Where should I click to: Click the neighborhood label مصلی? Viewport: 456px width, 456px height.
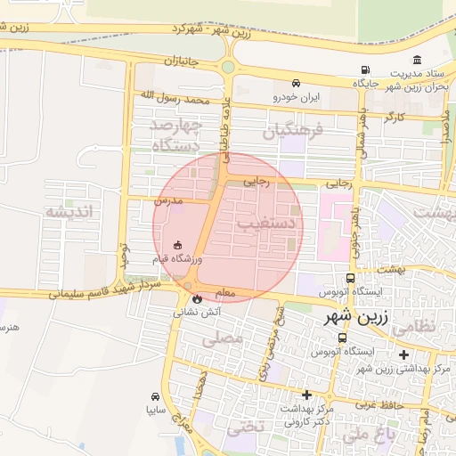point(222,338)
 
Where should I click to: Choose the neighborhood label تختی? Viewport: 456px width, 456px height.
point(246,427)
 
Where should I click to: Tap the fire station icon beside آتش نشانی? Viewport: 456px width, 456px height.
point(197,299)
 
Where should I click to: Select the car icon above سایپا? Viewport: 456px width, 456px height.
point(156,396)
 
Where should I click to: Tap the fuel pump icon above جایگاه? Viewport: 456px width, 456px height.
point(364,70)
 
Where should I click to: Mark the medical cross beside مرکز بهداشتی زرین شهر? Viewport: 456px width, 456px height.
point(403,354)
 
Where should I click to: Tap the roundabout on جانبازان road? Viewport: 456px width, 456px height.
point(228,66)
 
